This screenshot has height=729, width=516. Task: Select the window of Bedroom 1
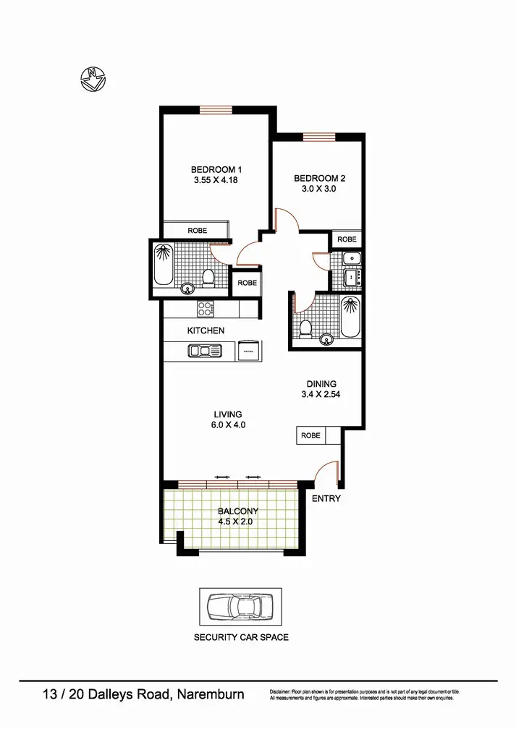pyautogui.click(x=216, y=110)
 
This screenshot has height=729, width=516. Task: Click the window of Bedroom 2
pyautogui.click(x=318, y=136)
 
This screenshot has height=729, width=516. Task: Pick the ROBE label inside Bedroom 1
pyautogui.click(x=198, y=231)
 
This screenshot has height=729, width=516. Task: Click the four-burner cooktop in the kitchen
pyautogui.click(x=206, y=309)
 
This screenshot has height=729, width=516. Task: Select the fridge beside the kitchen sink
pyautogui.click(x=248, y=350)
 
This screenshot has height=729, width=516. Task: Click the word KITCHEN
pyautogui.click(x=206, y=331)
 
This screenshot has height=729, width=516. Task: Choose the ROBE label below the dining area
pyautogui.click(x=310, y=436)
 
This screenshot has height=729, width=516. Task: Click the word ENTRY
pyautogui.click(x=326, y=499)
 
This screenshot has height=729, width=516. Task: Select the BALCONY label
pyautogui.click(x=238, y=511)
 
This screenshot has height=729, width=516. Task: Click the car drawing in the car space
pyautogui.click(x=240, y=606)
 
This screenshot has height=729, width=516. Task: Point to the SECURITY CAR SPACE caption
pyautogui.click(x=241, y=637)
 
